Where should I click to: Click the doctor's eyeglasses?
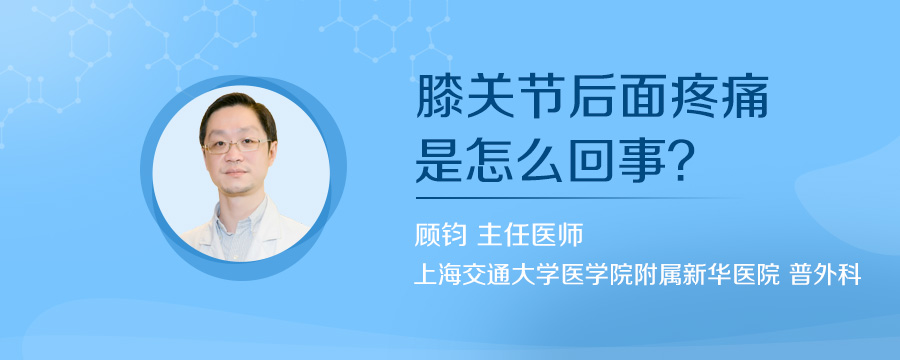[x=236, y=144]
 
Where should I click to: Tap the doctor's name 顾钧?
[x=439, y=235]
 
